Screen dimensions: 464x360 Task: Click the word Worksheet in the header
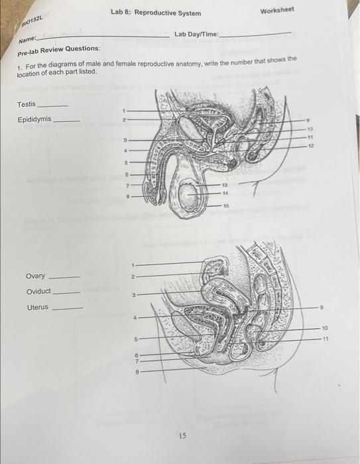[278, 11]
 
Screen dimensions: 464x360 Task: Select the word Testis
[27, 105]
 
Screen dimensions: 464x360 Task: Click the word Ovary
[35, 276]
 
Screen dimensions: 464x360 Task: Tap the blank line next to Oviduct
[66, 293]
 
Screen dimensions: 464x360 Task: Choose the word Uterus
[37, 308]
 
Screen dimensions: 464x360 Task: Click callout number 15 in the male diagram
[225, 207]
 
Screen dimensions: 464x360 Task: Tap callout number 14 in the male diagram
[225, 192]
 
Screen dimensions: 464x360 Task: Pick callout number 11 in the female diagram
[326, 339]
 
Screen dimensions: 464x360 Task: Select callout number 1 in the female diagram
[133, 264]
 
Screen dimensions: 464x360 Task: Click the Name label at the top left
[26, 41]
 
